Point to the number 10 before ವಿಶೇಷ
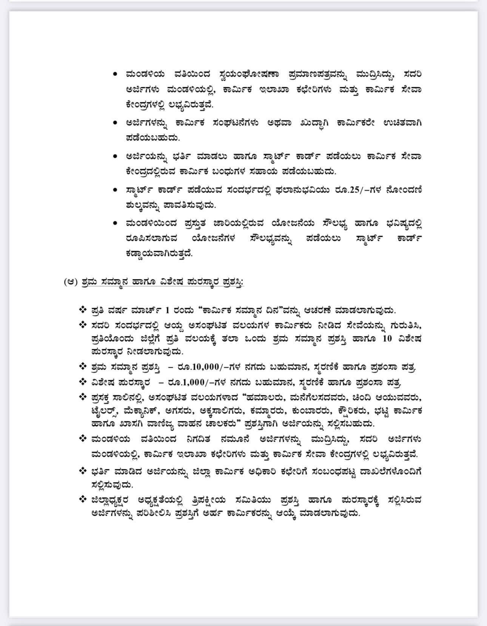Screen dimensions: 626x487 click(x=387, y=338)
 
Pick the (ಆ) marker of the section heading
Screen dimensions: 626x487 click(x=71, y=282)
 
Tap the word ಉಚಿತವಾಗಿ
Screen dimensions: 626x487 click(x=402, y=123)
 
